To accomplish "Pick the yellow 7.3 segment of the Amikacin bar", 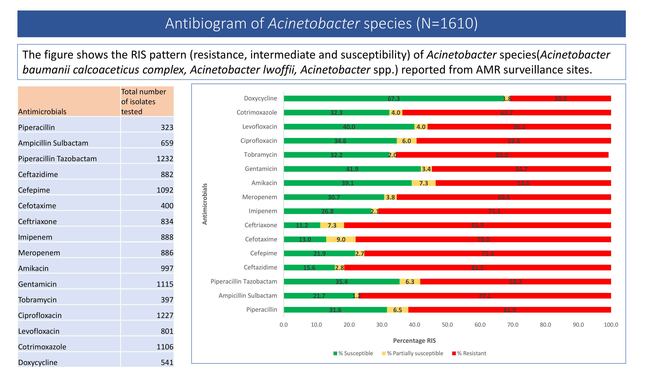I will (x=423, y=183).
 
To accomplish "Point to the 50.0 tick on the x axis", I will (x=447, y=325).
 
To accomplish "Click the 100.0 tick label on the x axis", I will (x=611, y=325).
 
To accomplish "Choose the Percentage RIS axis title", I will (x=414, y=341).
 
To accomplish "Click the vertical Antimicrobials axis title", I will (x=205, y=204).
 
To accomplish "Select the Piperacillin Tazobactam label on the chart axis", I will (x=244, y=282).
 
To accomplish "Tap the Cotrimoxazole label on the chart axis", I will (x=257, y=113).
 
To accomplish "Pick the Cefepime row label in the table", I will (x=34, y=190).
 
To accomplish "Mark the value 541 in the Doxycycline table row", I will (x=167, y=362).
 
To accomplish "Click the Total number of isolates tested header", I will (x=144, y=101).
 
